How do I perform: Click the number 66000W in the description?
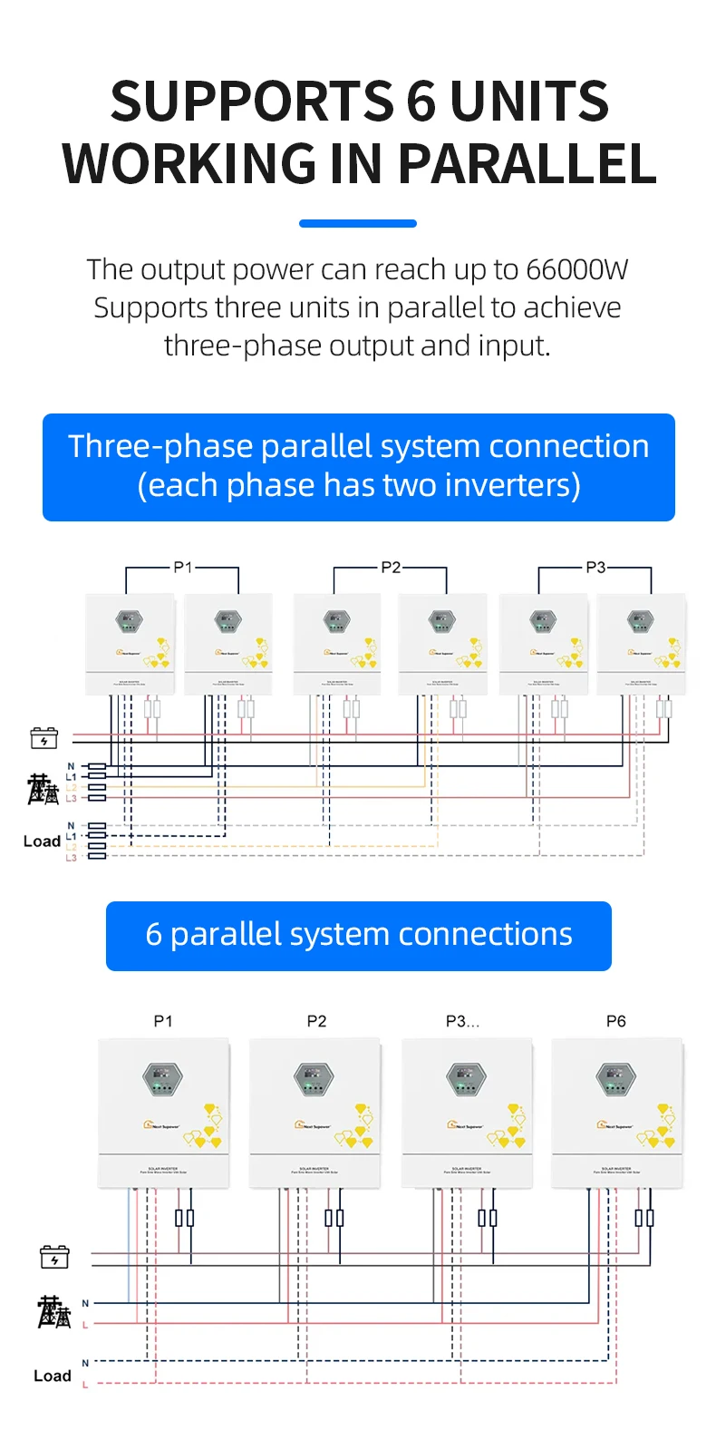coord(576,270)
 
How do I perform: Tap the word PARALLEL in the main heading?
coord(527,164)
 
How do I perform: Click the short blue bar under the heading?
coord(358,223)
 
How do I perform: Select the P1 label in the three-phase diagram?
coord(183,567)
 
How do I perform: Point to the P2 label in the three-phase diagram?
coord(391,567)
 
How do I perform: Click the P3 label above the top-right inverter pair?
coord(595,567)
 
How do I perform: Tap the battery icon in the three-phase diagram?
coord(44,738)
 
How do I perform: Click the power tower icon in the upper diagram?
coord(43,789)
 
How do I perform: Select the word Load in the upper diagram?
coord(42,841)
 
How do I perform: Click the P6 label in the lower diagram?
coord(616,1021)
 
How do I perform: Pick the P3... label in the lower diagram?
coord(462,1021)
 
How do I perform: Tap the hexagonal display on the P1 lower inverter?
coord(163,1079)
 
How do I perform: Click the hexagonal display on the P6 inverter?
coord(616,1079)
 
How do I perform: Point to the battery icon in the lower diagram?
coord(54,1257)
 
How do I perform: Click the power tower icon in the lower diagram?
coord(53,1312)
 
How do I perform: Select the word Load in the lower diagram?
coord(53,1376)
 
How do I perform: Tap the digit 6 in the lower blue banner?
coord(154,935)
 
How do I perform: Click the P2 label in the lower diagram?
coord(316,1021)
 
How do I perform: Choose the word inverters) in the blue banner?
coord(513,485)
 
